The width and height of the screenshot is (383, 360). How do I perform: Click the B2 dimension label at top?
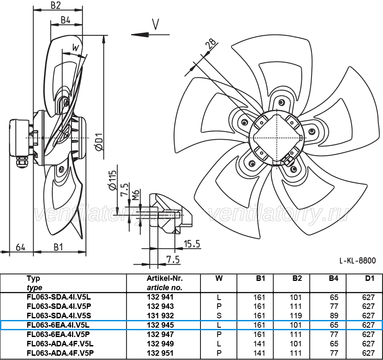(56, 6)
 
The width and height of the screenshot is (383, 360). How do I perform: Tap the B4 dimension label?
(66, 20)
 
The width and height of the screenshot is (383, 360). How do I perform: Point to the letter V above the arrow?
(155, 24)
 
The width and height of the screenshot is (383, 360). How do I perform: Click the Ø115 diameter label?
(112, 180)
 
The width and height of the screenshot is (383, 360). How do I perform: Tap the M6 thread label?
(136, 195)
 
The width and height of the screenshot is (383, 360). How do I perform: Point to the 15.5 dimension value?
(192, 244)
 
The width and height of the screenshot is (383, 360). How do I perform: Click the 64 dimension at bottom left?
(20, 247)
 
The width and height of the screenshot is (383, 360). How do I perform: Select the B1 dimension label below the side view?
(58, 247)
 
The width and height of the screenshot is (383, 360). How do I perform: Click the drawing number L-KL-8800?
(357, 260)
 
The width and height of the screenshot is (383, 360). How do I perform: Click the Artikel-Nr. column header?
(165, 278)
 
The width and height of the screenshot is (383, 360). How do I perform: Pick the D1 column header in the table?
(369, 278)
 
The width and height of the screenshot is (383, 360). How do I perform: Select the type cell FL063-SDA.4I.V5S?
(59, 316)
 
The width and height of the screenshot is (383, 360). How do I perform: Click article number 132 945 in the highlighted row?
(160, 325)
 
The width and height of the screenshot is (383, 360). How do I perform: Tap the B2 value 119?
(296, 316)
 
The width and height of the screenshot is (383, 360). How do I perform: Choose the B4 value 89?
(334, 316)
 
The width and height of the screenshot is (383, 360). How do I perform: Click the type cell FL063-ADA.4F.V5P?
(60, 353)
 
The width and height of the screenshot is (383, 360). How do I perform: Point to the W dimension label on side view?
(76, 48)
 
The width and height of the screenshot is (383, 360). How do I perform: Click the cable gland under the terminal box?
(21, 162)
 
